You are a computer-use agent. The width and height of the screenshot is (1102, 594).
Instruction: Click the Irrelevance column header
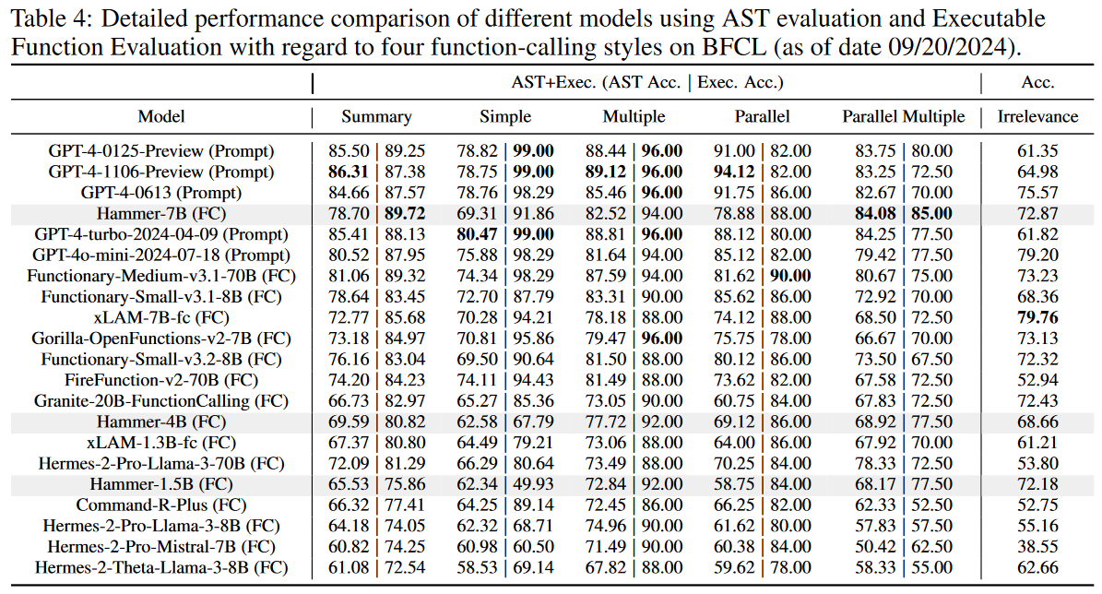pyautogui.click(x=1037, y=116)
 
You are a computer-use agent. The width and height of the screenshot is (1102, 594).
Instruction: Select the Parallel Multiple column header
pyautogui.click(x=903, y=116)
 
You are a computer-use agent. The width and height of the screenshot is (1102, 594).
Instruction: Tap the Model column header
pyautogui.click(x=161, y=116)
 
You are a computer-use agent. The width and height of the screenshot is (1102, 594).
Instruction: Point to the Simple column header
pyautogui.click(x=505, y=116)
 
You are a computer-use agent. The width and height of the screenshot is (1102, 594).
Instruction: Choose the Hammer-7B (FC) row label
pyautogui.click(x=161, y=213)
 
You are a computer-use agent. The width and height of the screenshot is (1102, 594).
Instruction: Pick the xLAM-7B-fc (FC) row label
pyautogui.click(x=161, y=316)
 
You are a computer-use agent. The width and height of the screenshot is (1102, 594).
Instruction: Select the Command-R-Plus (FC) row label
pyautogui.click(x=161, y=505)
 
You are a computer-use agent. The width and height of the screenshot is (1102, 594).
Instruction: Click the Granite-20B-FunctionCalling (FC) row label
pyautogui.click(x=161, y=401)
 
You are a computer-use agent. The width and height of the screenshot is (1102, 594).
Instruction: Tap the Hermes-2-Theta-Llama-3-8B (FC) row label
pyautogui.click(x=161, y=566)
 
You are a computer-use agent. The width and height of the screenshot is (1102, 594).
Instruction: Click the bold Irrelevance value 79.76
pyautogui.click(x=1037, y=316)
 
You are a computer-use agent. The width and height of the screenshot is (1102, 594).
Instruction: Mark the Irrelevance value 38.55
pyautogui.click(x=1037, y=546)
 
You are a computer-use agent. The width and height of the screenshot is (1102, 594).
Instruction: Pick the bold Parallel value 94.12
pyautogui.click(x=734, y=172)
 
